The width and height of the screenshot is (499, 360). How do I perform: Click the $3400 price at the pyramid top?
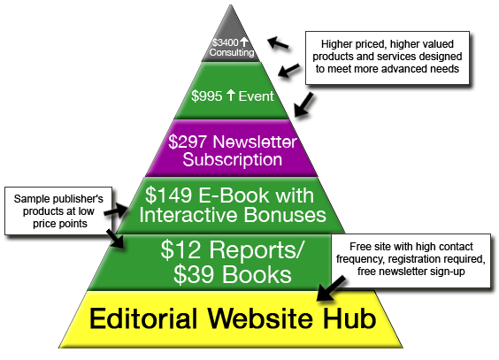(226, 42)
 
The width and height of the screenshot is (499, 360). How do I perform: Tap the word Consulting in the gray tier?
(232, 52)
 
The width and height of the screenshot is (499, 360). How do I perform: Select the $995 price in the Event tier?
(206, 96)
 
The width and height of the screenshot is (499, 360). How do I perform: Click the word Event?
(257, 96)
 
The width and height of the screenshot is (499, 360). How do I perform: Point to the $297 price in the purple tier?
(188, 142)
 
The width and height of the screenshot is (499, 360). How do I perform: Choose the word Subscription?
(233, 159)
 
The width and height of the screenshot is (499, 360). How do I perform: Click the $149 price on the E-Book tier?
(168, 195)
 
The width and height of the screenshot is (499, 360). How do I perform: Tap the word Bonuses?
(285, 215)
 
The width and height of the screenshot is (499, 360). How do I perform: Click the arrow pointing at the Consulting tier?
(278, 42)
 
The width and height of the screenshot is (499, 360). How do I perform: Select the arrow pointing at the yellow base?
(331, 288)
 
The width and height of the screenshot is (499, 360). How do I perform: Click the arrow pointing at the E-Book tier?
(117, 211)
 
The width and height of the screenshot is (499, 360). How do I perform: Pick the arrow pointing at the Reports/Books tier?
(114, 238)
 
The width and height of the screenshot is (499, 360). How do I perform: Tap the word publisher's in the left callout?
(80, 199)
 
